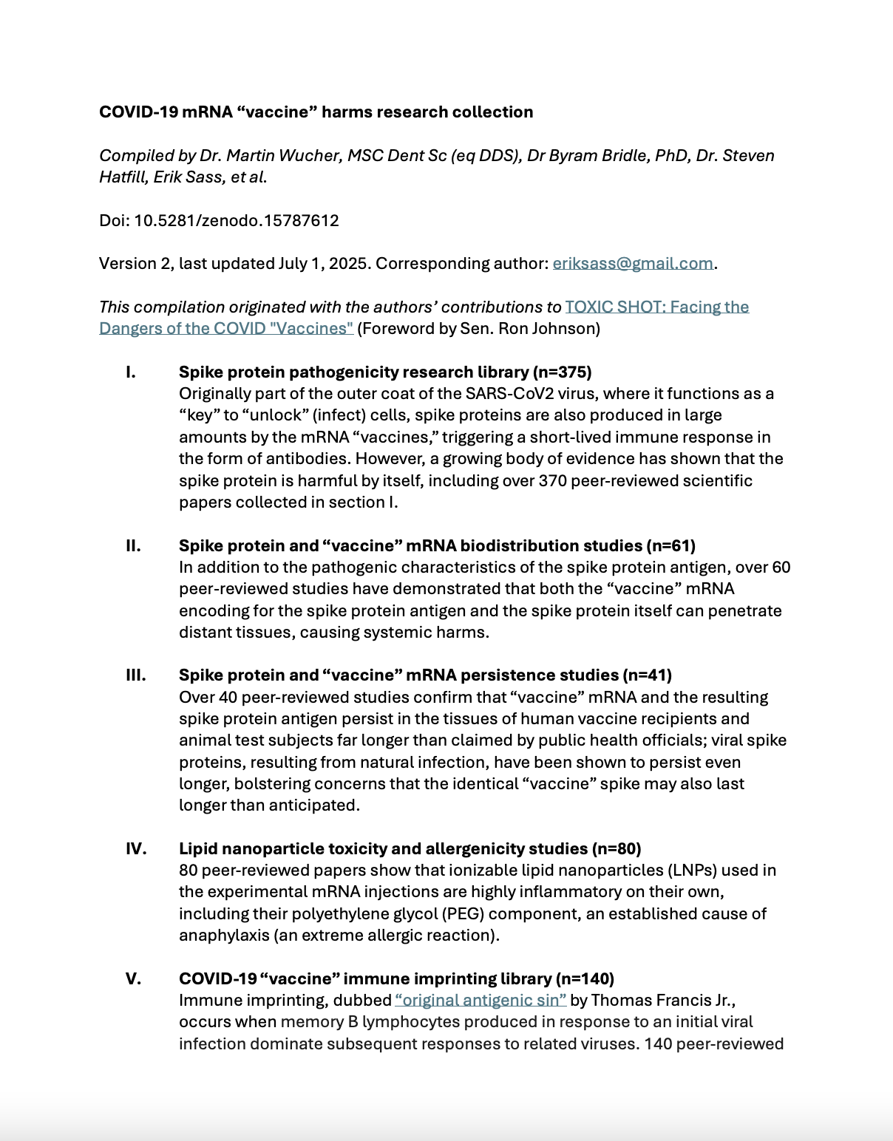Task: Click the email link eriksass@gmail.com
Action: click(x=633, y=264)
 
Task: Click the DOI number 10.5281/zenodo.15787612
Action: click(x=236, y=221)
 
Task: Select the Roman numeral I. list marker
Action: click(x=131, y=372)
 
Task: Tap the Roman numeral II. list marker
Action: click(x=133, y=546)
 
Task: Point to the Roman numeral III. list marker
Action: click(x=135, y=675)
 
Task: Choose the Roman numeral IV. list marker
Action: click(x=136, y=849)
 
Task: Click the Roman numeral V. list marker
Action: click(x=133, y=979)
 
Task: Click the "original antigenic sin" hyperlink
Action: click(x=481, y=1001)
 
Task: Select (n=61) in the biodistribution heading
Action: click(x=671, y=546)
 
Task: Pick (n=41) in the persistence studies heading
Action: click(x=648, y=675)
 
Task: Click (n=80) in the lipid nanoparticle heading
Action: click(x=617, y=849)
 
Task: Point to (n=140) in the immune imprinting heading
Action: click(x=585, y=979)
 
